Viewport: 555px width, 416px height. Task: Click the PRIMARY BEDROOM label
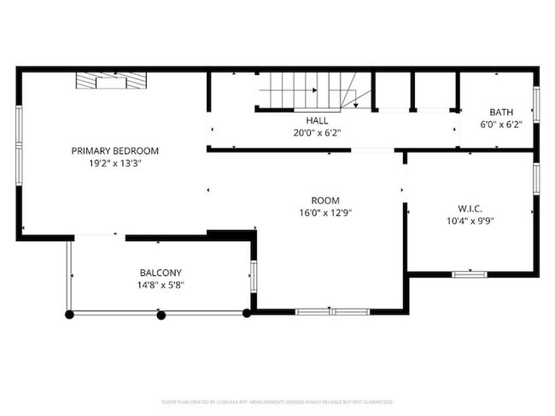pyautogui.click(x=114, y=151)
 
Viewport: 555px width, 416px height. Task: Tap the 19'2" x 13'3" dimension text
pyautogui.click(x=114, y=163)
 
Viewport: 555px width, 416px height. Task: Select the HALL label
pyautogui.click(x=305, y=121)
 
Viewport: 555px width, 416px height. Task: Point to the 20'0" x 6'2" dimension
pyautogui.click(x=305, y=133)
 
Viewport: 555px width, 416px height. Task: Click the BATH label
pyautogui.click(x=500, y=113)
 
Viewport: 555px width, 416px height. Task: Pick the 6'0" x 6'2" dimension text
pyautogui.click(x=500, y=124)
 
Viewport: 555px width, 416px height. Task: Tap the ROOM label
pyautogui.click(x=325, y=201)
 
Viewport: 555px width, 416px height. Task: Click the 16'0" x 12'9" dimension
pyautogui.click(x=325, y=213)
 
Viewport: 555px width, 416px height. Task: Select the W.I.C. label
pyautogui.click(x=470, y=209)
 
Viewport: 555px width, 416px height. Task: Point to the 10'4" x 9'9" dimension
pyautogui.click(x=470, y=221)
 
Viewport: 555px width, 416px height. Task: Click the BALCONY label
pyautogui.click(x=161, y=273)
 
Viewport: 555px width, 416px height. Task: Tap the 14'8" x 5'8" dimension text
pyautogui.click(x=161, y=285)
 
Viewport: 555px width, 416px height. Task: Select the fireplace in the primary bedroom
pyautogui.click(x=112, y=81)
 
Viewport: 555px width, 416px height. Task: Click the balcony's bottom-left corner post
pyautogui.click(x=70, y=315)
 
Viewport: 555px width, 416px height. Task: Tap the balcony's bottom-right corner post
pyautogui.click(x=247, y=314)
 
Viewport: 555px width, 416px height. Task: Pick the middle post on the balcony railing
pyautogui.click(x=161, y=315)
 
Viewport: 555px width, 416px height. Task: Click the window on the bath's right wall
pyautogui.click(x=536, y=103)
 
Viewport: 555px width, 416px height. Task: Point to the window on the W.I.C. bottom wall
pyautogui.click(x=469, y=274)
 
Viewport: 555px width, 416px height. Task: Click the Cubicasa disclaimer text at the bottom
pyautogui.click(x=277, y=401)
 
